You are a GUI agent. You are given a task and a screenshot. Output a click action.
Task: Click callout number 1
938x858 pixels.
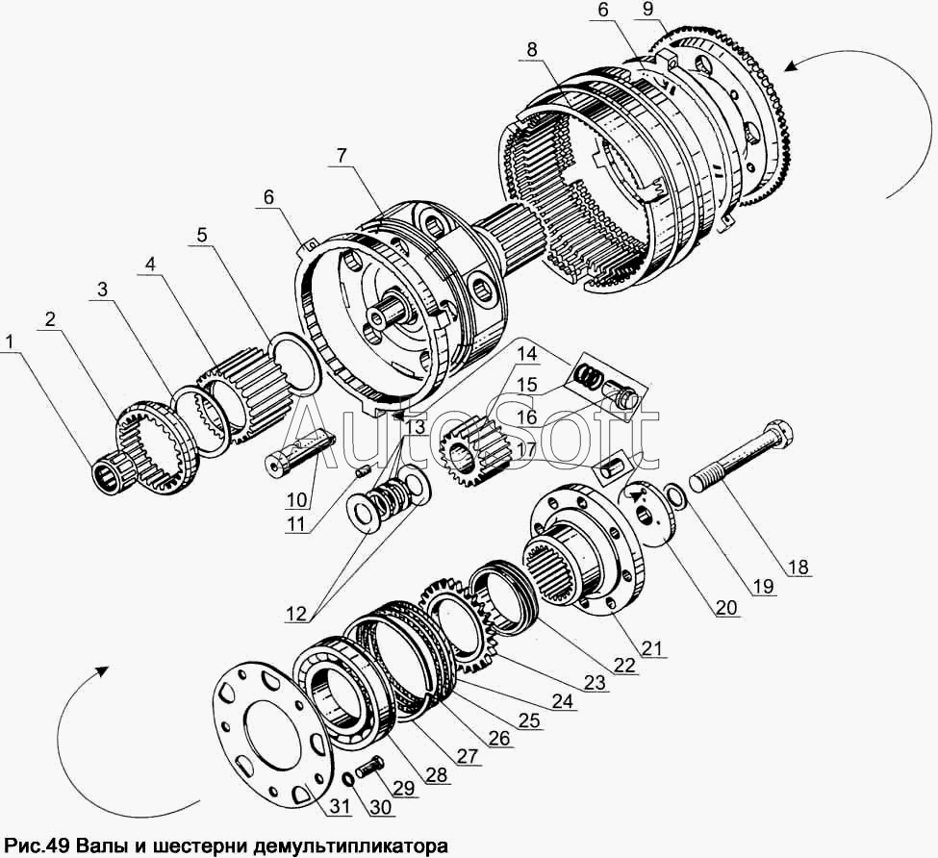coord(9,342)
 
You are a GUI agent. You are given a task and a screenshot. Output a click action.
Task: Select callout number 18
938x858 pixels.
coord(799,566)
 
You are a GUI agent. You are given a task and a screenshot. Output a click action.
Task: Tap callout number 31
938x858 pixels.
coord(340,807)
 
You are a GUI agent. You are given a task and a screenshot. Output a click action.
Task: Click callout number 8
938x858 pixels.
coord(532,49)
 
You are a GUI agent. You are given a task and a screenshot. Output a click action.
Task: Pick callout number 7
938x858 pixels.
coord(341,156)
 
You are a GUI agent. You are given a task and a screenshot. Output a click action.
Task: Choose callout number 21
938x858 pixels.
coord(653,647)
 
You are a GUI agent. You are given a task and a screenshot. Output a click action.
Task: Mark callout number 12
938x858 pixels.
coord(295,614)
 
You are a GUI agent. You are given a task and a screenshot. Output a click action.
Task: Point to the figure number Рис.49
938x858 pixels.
coord(38,846)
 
